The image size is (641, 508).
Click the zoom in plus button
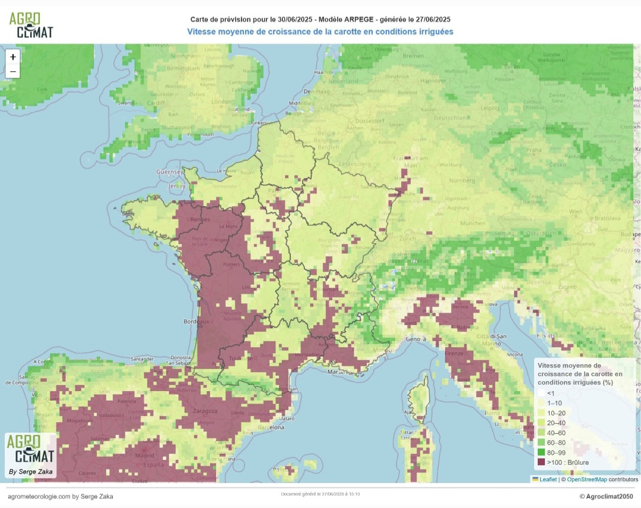click(12, 57)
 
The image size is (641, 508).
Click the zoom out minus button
click(12, 71)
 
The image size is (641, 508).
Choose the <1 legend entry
click(551, 393)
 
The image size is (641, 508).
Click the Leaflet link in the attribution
click(548, 479)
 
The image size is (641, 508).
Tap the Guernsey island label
click(169, 172)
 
